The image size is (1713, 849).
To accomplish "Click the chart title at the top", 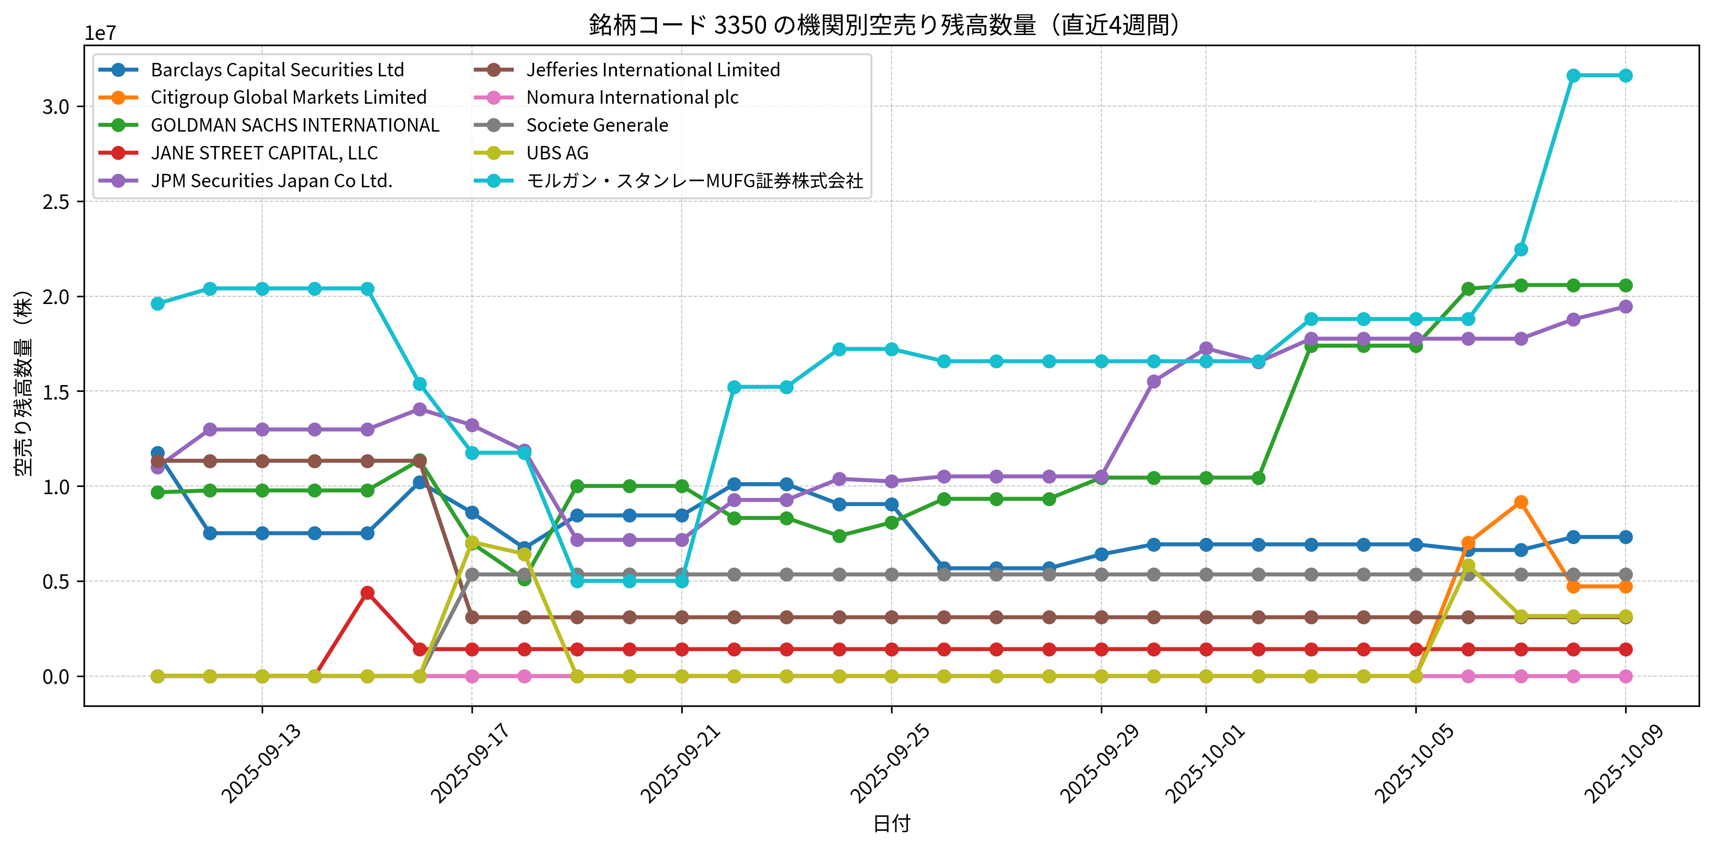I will [x=884, y=25].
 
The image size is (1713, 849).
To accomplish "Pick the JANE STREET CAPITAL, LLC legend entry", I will [x=264, y=153].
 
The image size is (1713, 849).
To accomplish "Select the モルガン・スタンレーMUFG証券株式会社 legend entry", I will [x=694, y=181].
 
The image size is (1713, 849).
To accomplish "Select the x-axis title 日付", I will [x=891, y=824].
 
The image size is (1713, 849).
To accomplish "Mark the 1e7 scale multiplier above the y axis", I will [x=100, y=33].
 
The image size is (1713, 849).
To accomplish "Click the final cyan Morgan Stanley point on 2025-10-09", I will [x=1625, y=76].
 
